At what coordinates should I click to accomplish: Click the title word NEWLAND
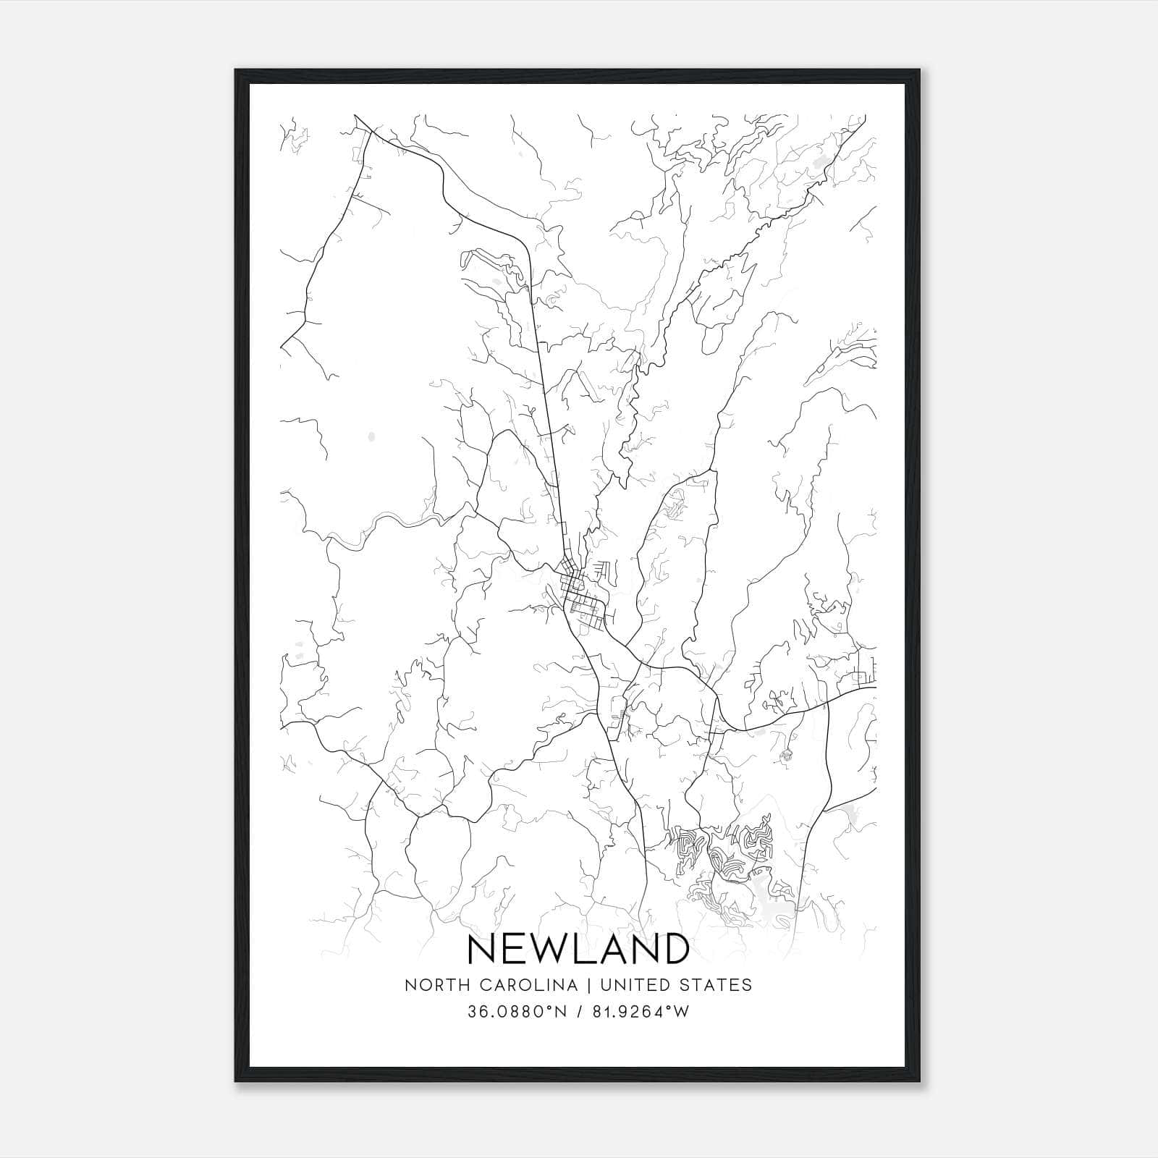click(578, 949)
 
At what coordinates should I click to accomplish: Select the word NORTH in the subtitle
click(429, 985)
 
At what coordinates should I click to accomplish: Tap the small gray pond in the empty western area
click(371, 436)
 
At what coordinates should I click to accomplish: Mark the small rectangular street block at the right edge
click(863, 677)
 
